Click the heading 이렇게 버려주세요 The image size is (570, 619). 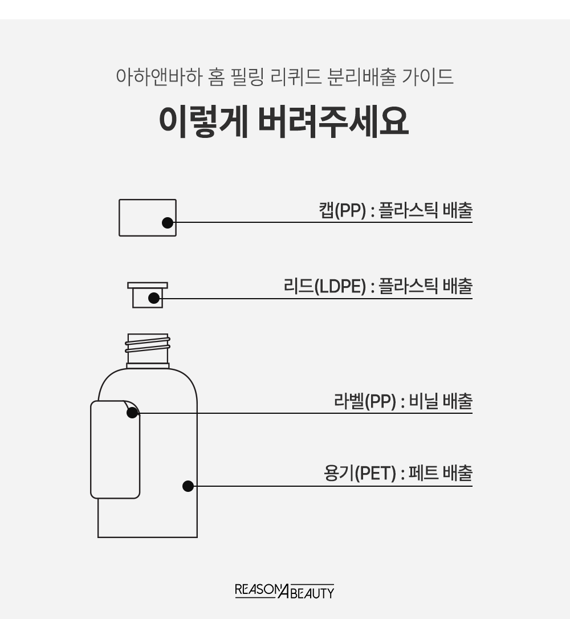click(283, 121)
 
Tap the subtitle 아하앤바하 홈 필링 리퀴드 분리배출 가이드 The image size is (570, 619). click(284, 76)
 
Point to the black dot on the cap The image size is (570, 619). click(168, 223)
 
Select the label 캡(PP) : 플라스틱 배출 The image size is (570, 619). click(396, 210)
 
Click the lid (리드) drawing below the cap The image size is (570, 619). click(148, 295)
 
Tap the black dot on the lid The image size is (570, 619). click(154, 299)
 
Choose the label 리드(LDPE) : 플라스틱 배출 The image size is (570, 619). click(378, 286)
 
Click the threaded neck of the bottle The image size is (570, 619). click(148, 349)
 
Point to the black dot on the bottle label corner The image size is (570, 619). click(132, 413)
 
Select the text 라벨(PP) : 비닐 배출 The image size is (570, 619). click(403, 401)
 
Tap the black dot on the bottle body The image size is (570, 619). click(188, 486)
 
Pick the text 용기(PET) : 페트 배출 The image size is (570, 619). click(398, 473)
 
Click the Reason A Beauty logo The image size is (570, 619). click(284, 591)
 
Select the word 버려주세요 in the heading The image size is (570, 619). click(333, 121)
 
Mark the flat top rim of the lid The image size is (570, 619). click(148, 285)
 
